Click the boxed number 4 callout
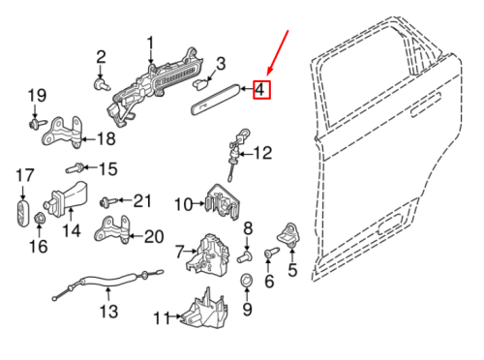click(262, 91)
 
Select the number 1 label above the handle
click(150, 43)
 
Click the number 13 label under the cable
click(108, 312)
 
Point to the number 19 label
click(36, 95)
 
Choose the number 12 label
click(262, 152)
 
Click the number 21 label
click(142, 201)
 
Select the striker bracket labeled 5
click(288, 233)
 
